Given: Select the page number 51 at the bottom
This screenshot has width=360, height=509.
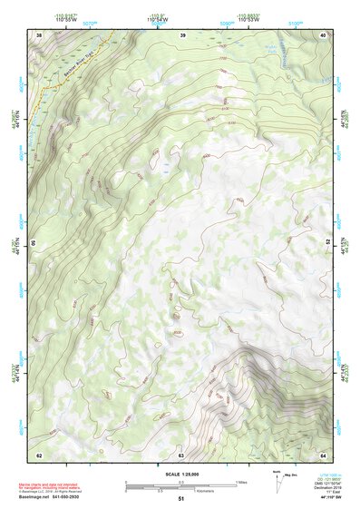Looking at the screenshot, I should pos(181,499).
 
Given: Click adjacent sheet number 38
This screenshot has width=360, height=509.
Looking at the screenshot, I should pos(39,34).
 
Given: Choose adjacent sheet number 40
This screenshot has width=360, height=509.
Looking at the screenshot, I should pos(323,34).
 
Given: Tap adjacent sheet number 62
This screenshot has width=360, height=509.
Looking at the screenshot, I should pos(39,454).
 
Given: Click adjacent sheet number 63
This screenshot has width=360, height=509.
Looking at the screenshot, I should pos(181,454).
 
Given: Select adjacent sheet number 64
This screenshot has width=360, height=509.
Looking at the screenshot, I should pos(323,454).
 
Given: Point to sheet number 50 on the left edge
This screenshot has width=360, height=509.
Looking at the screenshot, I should pos(34,244).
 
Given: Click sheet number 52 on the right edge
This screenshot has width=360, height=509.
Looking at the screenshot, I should pos(328,244).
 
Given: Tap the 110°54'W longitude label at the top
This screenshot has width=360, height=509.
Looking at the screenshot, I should pos(158,19).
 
